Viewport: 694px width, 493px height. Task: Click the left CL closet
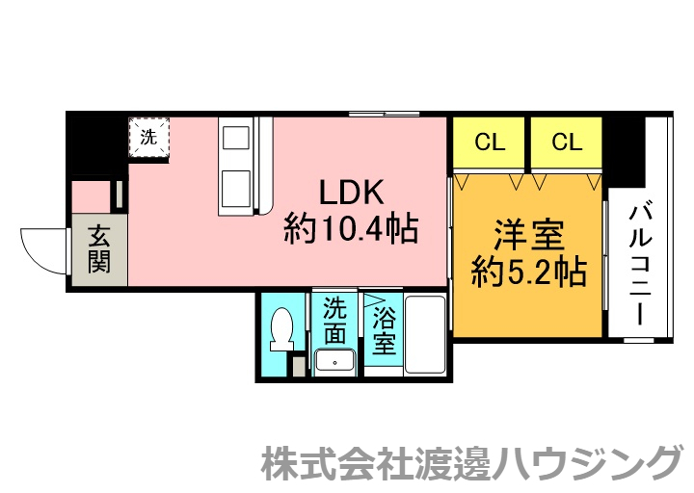point(490,143)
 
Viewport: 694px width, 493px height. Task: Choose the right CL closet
point(567,143)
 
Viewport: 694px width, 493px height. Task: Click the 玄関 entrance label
point(98,248)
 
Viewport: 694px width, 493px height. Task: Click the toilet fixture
point(283,333)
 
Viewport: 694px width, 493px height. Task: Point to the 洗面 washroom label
point(334,322)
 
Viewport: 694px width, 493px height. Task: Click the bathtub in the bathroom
point(425,334)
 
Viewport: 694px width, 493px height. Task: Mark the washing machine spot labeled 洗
point(148,137)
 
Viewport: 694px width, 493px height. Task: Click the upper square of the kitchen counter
point(236,139)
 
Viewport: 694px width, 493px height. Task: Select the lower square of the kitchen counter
point(236,184)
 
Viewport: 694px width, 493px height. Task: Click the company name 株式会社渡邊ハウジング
point(471,464)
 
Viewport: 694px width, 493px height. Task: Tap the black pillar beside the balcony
point(624,150)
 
